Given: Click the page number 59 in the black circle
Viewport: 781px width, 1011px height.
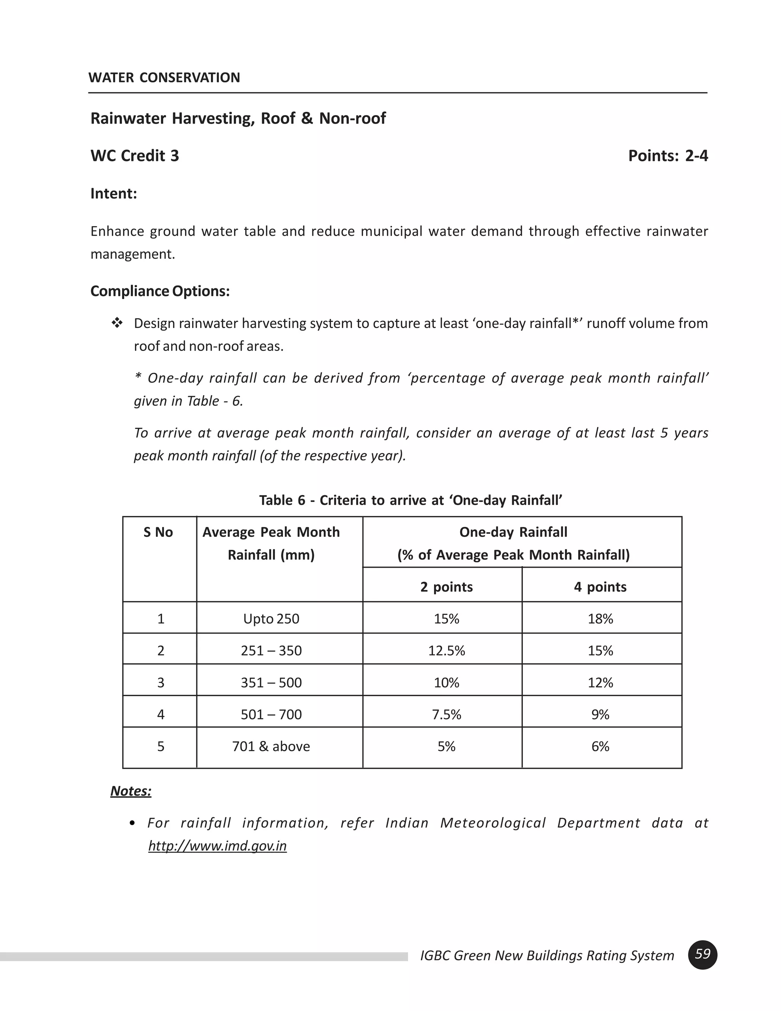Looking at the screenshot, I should pos(702,955).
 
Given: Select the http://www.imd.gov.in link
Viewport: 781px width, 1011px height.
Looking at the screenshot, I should pos(217,846).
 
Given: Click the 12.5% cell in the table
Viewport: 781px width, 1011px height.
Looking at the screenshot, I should pos(446,650).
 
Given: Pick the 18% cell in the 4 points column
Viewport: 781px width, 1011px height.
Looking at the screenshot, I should pos(600,618).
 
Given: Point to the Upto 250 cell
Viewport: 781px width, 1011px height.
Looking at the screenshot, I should pos(271,618).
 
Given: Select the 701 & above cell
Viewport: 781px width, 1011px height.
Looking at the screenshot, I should pos(271,746).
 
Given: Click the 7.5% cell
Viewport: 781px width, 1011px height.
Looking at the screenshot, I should pos(446,714).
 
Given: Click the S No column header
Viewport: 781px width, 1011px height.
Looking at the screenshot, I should pos(158,532).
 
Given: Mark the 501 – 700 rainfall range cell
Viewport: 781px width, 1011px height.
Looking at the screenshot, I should pos(271,714).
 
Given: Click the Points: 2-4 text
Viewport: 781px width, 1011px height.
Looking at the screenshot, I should pos(668,156).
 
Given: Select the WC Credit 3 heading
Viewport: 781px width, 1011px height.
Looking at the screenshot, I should pos(135,156).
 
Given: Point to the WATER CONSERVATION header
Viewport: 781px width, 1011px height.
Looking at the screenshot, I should pos(164,77).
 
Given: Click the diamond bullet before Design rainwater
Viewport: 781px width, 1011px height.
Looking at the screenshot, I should pos(117,323).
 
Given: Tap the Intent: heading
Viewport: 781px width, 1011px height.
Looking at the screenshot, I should pos(114,193).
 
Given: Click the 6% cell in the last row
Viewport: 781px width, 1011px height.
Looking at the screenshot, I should pos(600,746).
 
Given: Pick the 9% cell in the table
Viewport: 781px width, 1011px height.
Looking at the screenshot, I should pos(600,714).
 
